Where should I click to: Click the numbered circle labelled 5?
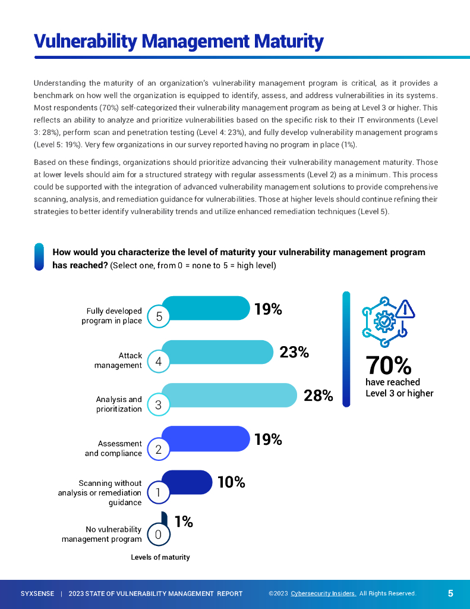159,317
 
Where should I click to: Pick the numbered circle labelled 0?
159,535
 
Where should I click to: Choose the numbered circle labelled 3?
159,405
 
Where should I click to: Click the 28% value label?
318,395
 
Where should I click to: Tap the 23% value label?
294,352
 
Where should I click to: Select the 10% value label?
231,482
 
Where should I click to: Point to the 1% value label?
184,522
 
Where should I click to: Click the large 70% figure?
388,364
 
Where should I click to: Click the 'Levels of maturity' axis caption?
160,557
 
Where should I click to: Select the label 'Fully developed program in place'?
112,316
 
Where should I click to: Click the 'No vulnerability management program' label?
102,534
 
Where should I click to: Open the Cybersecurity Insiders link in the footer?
323,594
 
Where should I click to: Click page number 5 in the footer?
450,593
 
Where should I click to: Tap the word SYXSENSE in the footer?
37,594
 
